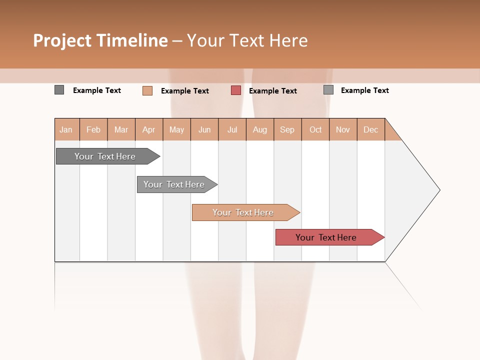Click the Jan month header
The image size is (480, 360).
66,129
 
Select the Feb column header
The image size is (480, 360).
93,129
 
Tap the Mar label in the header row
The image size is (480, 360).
121,129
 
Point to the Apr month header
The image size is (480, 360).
148,129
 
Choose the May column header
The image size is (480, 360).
176,129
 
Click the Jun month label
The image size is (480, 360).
204,129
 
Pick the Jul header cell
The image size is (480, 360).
232,129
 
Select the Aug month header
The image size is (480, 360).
259,129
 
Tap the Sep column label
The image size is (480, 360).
287,129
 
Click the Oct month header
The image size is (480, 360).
315,129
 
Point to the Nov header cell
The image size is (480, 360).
343,129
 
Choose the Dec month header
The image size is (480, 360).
370,129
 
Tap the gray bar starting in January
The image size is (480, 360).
105,156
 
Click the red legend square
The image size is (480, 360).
236,90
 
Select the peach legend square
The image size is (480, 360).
147,90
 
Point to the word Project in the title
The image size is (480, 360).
61,40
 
